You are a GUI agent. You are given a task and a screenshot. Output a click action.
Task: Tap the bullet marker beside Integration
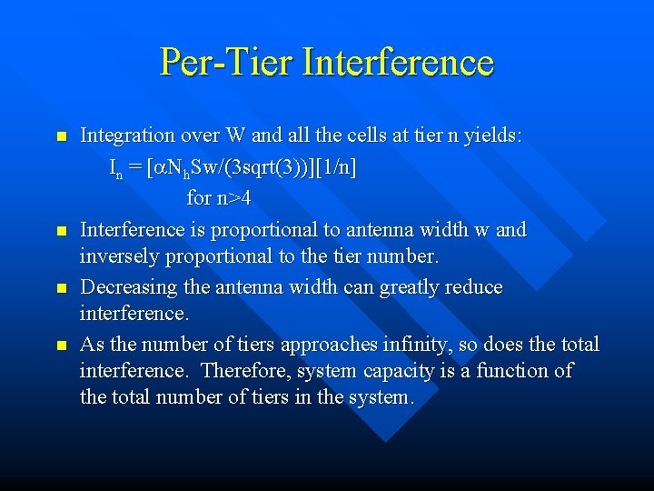(x=61, y=137)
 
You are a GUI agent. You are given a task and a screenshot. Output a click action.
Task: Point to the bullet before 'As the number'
(x=61, y=346)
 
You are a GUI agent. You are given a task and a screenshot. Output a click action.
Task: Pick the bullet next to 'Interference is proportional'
(x=61, y=231)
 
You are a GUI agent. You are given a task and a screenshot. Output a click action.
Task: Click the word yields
(x=491, y=135)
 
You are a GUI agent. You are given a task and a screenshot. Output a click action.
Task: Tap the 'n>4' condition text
(x=233, y=197)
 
